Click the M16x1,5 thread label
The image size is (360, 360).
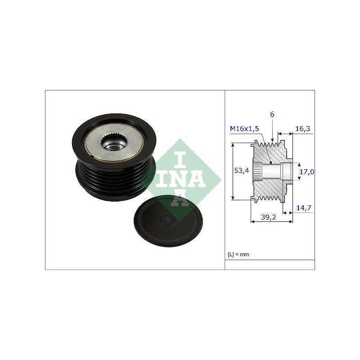pos(244,129)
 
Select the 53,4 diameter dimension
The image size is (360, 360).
pos(241,171)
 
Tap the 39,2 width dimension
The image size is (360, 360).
pos(268,217)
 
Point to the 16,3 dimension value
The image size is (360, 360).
pos(302,129)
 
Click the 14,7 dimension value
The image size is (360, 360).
pos(304,208)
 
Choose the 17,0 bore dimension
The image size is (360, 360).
pos(307,172)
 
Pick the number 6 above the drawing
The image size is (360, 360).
pos(272,114)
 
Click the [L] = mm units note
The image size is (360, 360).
pos(238,254)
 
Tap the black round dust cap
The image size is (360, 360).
pos(168,221)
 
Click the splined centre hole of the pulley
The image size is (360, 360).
pos(114,143)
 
